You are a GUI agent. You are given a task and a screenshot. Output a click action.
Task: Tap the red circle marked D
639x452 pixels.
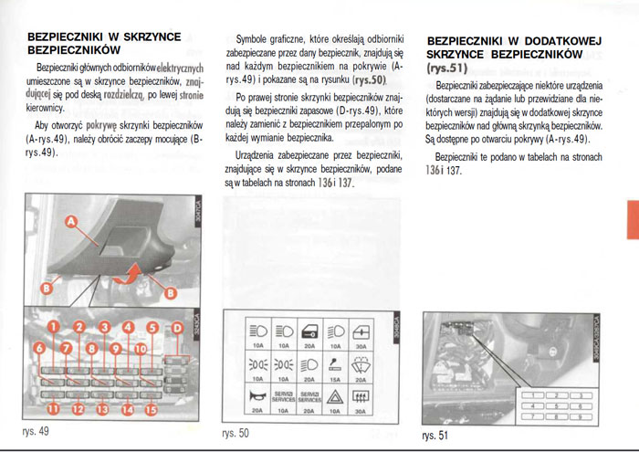177,327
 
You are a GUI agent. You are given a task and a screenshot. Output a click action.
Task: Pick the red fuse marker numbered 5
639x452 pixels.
152,327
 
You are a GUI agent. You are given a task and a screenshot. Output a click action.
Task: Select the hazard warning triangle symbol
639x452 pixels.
335,396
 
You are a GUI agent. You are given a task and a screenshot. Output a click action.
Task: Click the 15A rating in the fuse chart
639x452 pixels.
335,377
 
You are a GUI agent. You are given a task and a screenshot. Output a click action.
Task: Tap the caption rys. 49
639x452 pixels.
36,430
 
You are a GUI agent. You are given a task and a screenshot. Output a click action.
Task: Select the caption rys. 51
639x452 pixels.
436,436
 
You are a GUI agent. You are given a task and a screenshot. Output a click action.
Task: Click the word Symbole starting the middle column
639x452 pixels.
255,39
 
